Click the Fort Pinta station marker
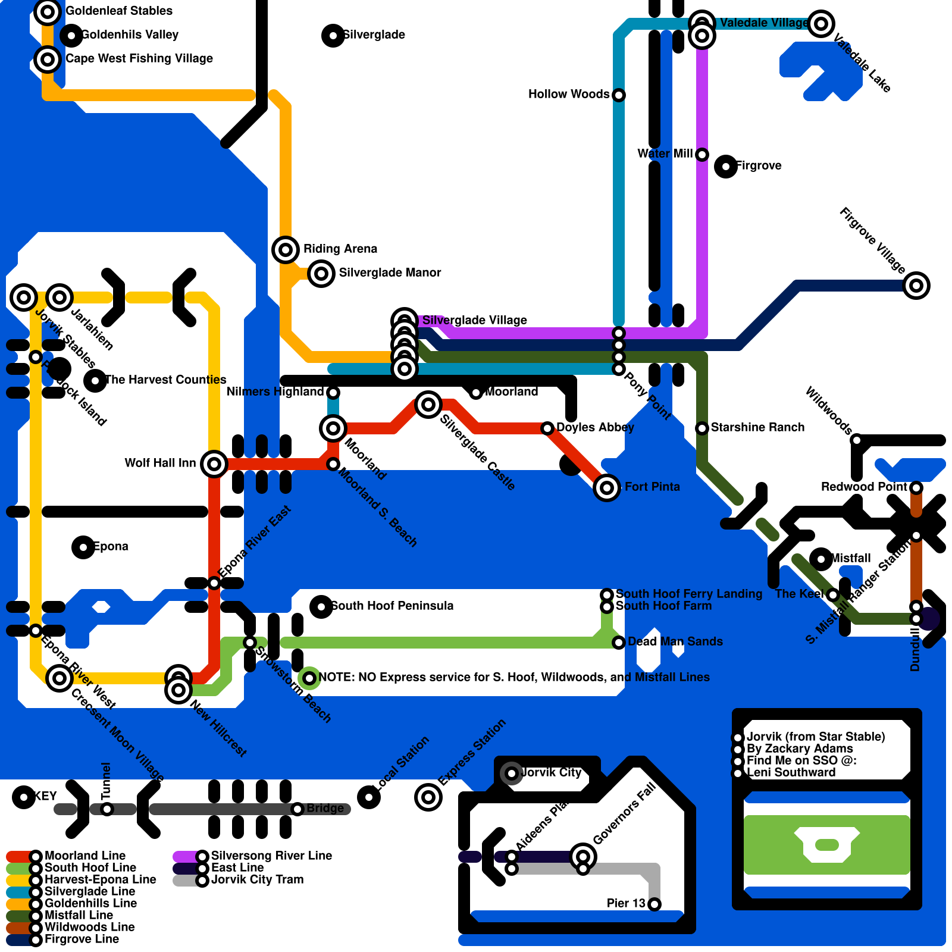(606, 488)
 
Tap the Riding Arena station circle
(285, 250)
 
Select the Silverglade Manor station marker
(321, 274)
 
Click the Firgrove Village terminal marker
(916, 286)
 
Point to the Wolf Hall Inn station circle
(214, 464)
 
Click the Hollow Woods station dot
(619, 95)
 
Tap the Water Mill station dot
(702, 155)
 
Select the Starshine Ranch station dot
(702, 428)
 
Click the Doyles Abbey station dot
(547, 428)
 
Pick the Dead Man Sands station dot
(619, 643)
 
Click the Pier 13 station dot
(654, 904)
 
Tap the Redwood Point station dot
(916, 488)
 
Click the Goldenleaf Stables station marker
(48, 12)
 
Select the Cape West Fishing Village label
(139, 58)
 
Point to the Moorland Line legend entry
(84, 856)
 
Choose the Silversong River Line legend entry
(271, 856)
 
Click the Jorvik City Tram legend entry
(257, 879)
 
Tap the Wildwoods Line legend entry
(89, 927)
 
